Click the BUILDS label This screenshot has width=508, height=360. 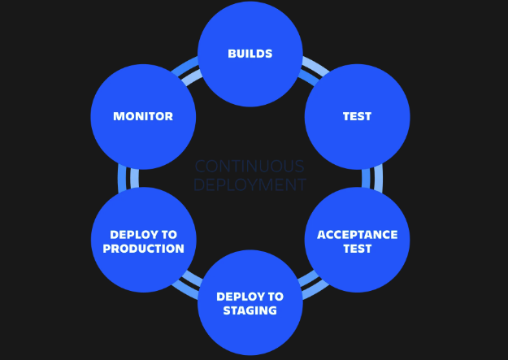[x=250, y=54]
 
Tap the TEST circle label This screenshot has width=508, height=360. [x=357, y=116]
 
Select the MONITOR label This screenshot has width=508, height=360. [x=143, y=116]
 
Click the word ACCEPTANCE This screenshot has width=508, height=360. [x=357, y=235]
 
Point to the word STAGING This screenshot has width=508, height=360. [x=250, y=310]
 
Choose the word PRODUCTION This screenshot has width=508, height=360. [x=143, y=248]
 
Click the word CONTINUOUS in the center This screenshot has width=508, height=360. [x=250, y=166]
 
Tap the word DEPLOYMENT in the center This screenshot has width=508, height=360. [x=250, y=185]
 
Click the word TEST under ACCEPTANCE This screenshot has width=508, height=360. [x=357, y=249]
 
